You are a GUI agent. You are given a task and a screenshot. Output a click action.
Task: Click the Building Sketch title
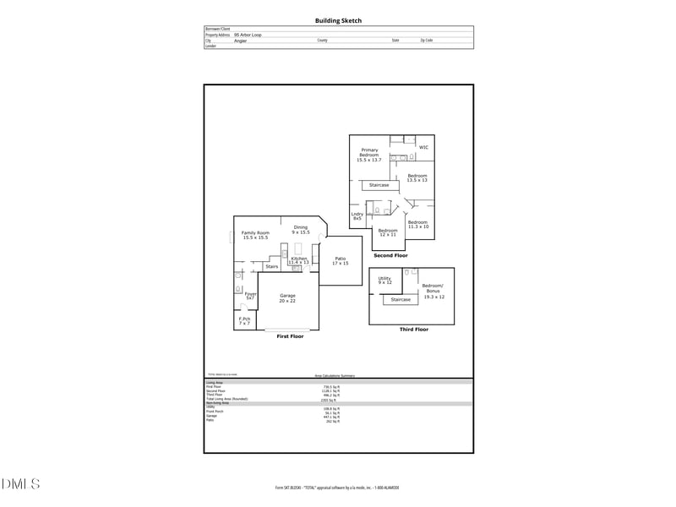point(338,20)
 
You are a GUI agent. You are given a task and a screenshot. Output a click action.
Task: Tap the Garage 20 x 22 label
point(287,298)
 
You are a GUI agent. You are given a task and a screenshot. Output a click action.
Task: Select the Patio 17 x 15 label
point(341,262)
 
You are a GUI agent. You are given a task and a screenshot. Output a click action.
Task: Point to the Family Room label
point(255,236)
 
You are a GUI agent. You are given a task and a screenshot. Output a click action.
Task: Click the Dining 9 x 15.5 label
point(301,229)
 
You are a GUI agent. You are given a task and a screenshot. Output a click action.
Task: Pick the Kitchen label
point(299,260)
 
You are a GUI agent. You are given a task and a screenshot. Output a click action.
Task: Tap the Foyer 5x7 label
point(250,296)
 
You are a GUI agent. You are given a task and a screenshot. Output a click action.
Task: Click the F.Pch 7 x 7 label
point(245,321)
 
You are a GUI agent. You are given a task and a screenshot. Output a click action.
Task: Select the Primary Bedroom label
point(369,155)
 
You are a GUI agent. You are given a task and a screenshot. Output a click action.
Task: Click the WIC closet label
point(423,147)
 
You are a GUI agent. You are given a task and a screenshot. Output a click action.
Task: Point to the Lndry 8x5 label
point(357,216)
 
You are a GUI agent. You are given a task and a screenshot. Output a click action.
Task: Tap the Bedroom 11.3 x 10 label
point(418,224)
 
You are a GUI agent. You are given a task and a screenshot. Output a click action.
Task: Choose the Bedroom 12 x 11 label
point(388,232)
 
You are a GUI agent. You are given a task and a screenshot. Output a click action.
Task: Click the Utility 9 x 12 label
point(384,280)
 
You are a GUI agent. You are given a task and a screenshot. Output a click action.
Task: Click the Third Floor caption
point(413,329)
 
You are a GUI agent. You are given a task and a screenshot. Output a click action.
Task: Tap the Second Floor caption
point(390,254)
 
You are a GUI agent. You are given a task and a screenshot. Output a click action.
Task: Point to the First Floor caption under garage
point(290,335)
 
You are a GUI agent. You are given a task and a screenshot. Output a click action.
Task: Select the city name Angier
point(240,40)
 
